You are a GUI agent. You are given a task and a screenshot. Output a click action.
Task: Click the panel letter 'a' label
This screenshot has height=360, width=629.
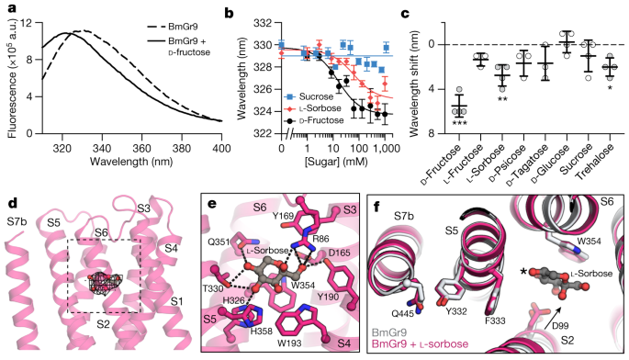6,8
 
